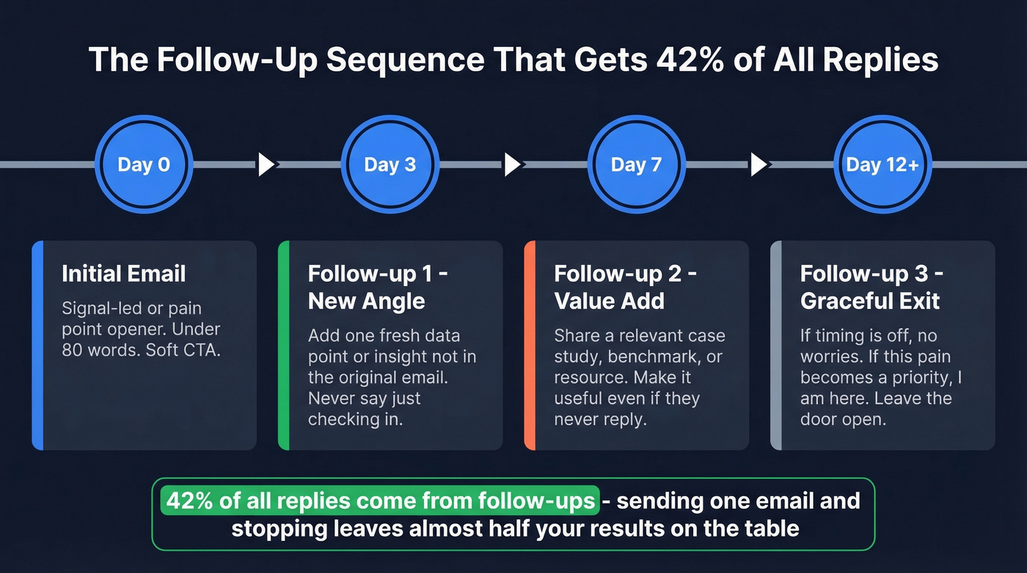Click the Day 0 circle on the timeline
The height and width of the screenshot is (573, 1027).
coord(144,164)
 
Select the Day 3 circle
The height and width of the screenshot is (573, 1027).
coord(390,164)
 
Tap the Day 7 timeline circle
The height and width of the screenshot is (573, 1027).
coord(636,164)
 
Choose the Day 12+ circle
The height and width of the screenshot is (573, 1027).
coord(882,164)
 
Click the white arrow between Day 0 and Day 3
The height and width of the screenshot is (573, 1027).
coord(266,164)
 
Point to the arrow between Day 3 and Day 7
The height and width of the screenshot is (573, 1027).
coord(513,164)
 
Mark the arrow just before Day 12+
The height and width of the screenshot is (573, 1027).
coord(759,164)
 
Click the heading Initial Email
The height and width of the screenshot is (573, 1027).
coord(123,274)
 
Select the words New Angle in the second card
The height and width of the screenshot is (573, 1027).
coord(366,301)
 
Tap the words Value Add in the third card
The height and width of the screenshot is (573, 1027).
coord(609,301)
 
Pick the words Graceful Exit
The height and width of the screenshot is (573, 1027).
coord(870,301)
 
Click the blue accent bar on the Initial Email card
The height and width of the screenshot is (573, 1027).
coord(37,345)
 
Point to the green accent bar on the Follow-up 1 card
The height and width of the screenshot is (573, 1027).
coord(284,345)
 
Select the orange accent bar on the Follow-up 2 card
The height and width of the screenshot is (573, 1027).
coord(530,345)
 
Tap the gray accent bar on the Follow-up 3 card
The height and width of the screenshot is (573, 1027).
coord(776,345)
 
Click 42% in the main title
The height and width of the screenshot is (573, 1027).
coord(682,59)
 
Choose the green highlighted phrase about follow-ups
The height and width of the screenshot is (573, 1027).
coord(380,501)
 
